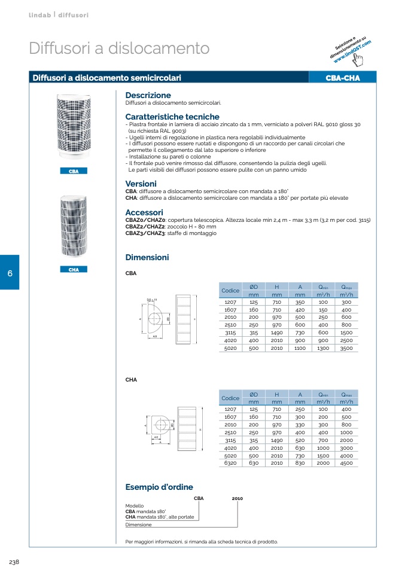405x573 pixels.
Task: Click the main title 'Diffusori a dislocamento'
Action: [x=119, y=48]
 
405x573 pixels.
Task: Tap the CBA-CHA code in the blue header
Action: [x=342, y=78]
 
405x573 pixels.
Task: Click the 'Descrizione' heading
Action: [x=148, y=95]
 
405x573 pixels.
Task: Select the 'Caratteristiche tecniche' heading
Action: [x=172, y=117]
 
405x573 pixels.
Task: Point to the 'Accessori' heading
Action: [x=144, y=212]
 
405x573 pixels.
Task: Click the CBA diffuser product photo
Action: [x=74, y=127]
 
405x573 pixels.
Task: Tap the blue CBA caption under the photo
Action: [x=74, y=172]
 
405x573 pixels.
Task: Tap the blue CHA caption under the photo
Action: [x=74, y=270]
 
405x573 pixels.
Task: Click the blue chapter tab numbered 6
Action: [x=10, y=273]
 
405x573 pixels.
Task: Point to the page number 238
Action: [x=15, y=562]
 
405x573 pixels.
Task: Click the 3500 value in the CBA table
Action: [x=346, y=348]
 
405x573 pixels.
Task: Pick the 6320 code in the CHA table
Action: [x=230, y=462]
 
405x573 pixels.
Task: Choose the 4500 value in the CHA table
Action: [x=346, y=462]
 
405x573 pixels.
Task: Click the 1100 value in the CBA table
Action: [x=300, y=348]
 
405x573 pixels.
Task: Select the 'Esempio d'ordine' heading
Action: [x=159, y=487]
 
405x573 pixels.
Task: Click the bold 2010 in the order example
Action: [x=237, y=498]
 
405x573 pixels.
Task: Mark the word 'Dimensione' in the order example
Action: [x=138, y=525]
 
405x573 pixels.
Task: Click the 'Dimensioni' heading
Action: [x=147, y=258]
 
